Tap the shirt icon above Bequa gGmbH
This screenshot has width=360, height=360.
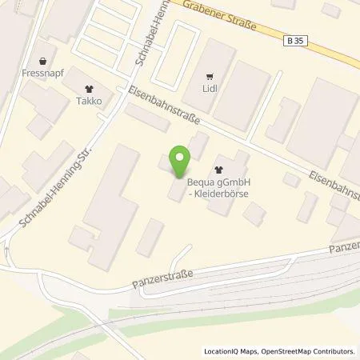220,170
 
